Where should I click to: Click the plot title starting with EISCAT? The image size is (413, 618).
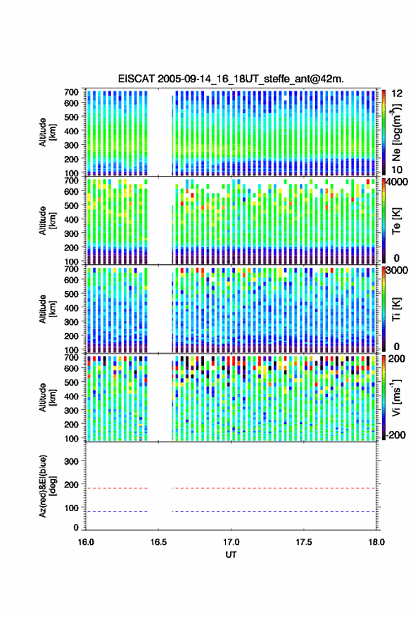click(231, 79)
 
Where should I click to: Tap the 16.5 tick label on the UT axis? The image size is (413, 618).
click(158, 542)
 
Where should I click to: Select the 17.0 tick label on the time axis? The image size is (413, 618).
click(231, 542)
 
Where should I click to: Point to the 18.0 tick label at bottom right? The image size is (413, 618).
click(376, 542)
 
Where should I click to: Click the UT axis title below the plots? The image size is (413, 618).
click(231, 555)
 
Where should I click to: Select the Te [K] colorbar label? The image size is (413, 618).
click(396, 221)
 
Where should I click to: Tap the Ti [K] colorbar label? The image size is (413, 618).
click(396, 309)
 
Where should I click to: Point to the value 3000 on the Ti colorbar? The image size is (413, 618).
click(396, 271)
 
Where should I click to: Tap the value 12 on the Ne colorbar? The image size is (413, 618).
click(397, 94)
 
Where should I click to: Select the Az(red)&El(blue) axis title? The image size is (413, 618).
click(46, 487)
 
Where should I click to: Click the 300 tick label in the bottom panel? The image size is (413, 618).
click(71, 461)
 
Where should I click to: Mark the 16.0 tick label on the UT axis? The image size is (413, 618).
click(86, 542)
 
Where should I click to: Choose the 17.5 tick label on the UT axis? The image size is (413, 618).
click(304, 542)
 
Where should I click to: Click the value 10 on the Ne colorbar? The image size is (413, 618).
click(397, 170)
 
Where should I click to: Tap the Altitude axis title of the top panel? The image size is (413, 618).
click(47, 132)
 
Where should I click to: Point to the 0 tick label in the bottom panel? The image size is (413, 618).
click(76, 527)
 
